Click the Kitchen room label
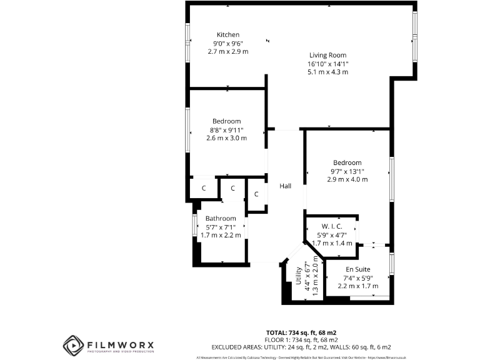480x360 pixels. (x=228, y=34)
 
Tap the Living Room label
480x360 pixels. (x=327, y=55)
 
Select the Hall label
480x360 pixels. (x=286, y=186)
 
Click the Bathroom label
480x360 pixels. (x=221, y=218)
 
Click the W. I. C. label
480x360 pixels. (x=332, y=226)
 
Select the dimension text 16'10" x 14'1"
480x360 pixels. (x=327, y=64)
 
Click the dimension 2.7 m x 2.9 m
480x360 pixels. (x=228, y=51)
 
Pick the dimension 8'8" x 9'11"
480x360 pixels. (x=226, y=129)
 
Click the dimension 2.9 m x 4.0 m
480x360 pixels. (x=347, y=179)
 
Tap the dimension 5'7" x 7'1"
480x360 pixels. (x=221, y=227)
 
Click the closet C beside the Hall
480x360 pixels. (x=257, y=194)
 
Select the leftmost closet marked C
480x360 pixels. (x=204, y=188)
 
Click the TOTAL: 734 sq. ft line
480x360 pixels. (x=301, y=332)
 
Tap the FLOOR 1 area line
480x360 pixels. (x=301, y=339)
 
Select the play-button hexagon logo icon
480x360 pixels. (x=73, y=345)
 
